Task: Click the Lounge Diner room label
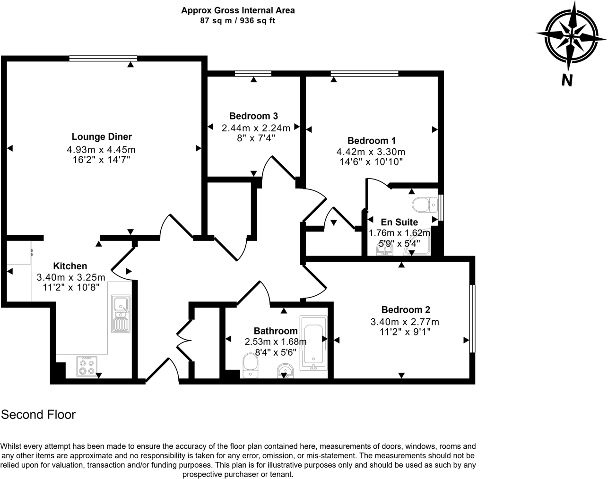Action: point(102,137)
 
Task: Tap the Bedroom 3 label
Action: point(253,116)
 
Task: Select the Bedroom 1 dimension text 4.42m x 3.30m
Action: point(371,152)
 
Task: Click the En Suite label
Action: point(400,222)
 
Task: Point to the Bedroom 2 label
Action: point(406,310)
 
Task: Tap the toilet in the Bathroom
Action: point(250,366)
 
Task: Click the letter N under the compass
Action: point(567,81)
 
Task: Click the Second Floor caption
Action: point(38,415)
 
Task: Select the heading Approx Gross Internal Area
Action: point(238,10)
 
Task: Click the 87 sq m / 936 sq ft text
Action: point(238,21)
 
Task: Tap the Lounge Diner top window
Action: point(103,58)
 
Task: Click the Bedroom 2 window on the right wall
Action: point(472,318)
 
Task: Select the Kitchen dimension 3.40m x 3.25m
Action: point(71,277)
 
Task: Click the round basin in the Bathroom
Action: point(285,370)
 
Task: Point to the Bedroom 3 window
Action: point(253,73)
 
